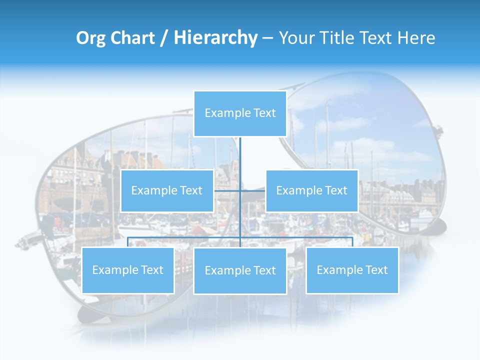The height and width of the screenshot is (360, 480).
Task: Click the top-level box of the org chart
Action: pos(240,113)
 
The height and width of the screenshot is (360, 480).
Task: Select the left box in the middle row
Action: pos(167,190)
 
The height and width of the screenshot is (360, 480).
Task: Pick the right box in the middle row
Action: pos(311,190)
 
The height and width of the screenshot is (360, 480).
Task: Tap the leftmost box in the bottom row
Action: pos(127,270)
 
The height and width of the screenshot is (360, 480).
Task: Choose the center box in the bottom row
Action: pos(240,270)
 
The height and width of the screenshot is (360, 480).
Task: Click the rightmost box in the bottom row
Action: pos(352,270)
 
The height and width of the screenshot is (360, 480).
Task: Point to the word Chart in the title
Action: pos(129,38)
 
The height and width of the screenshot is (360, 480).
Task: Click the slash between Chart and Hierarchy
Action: pos(163,38)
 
